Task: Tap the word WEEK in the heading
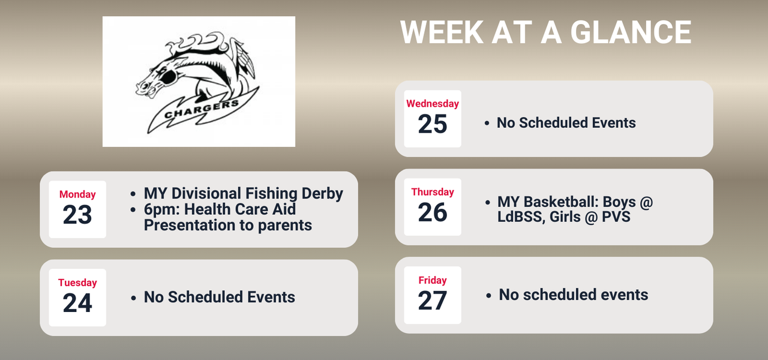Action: [x=441, y=32]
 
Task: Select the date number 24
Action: [x=77, y=304]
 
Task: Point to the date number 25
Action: [x=433, y=124]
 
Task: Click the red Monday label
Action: [x=77, y=194]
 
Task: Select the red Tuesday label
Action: [x=77, y=283]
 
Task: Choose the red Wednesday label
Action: [x=433, y=104]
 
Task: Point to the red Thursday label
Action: [x=433, y=192]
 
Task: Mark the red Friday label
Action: [x=433, y=280]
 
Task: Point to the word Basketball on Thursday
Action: [x=558, y=202]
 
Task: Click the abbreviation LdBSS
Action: [x=520, y=217]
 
